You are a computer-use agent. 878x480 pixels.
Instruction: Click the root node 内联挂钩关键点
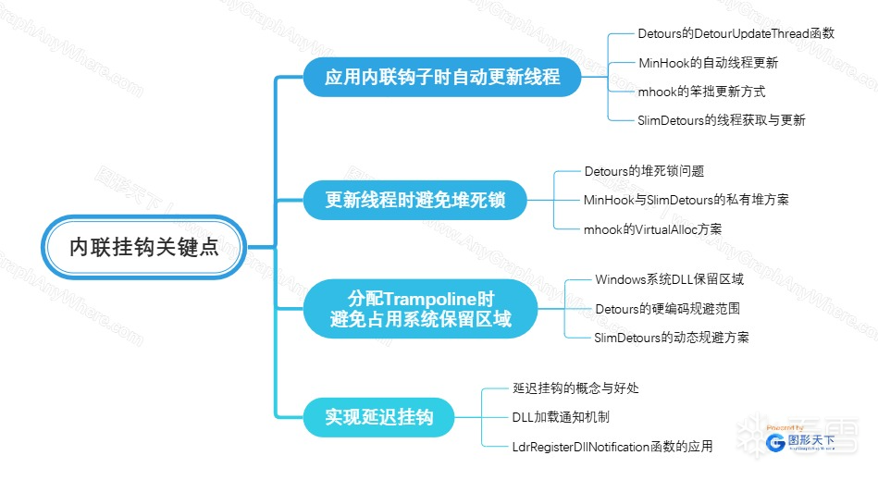(x=145, y=247)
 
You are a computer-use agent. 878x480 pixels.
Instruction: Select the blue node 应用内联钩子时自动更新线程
(x=442, y=77)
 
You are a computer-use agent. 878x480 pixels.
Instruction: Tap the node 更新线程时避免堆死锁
(x=415, y=199)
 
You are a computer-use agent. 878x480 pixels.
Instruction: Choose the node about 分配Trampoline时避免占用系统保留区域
(x=420, y=309)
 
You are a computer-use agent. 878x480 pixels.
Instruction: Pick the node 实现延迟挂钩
(x=378, y=416)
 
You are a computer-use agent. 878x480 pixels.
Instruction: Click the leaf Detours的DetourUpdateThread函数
(x=736, y=33)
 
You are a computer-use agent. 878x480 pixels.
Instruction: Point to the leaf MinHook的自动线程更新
(x=708, y=63)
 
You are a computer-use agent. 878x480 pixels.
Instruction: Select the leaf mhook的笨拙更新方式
(x=701, y=92)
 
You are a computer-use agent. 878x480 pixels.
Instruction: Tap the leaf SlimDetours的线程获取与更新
(x=722, y=120)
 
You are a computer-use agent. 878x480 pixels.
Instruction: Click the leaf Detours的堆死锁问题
(x=645, y=171)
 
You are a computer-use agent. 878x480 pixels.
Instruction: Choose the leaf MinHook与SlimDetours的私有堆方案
(x=686, y=199)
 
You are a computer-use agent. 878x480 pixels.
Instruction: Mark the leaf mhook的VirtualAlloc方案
(x=652, y=228)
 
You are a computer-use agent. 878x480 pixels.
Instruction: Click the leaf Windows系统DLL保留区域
(x=669, y=279)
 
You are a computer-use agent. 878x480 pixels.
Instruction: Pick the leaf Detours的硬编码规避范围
(x=667, y=309)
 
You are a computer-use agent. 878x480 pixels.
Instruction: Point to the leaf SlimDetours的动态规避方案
(x=672, y=338)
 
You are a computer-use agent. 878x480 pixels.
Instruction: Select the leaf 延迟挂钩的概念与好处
(x=575, y=388)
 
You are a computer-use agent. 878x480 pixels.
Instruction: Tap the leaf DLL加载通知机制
(x=561, y=417)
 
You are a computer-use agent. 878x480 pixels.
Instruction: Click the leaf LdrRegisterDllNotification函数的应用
(x=612, y=447)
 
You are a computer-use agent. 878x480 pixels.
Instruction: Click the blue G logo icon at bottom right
(x=776, y=443)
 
